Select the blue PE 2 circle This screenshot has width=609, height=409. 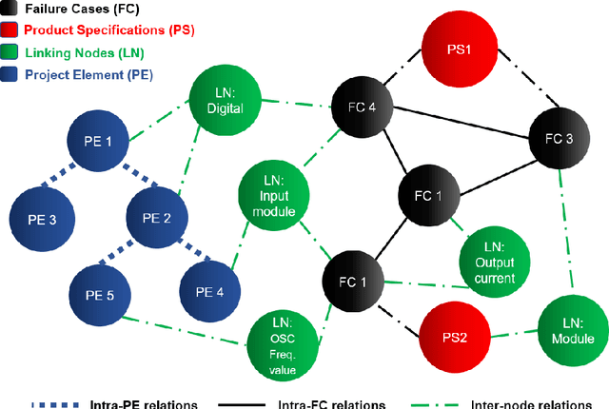[156, 217]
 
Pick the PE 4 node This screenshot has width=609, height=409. [208, 291]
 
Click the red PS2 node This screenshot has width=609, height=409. [453, 334]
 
